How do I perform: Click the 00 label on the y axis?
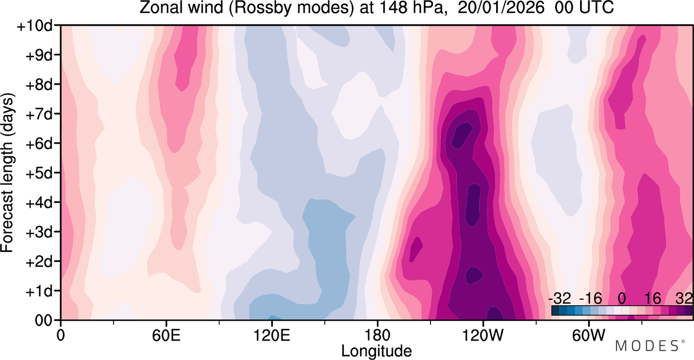coord(43,320)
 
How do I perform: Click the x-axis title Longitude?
coord(376,351)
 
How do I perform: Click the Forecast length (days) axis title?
coord(8,172)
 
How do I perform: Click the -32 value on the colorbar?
coord(560,299)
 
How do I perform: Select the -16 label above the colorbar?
coord(590,299)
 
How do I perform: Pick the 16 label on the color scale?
coord(652,299)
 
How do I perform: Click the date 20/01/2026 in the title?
coord(501,8)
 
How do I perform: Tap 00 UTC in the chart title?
coord(584,8)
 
